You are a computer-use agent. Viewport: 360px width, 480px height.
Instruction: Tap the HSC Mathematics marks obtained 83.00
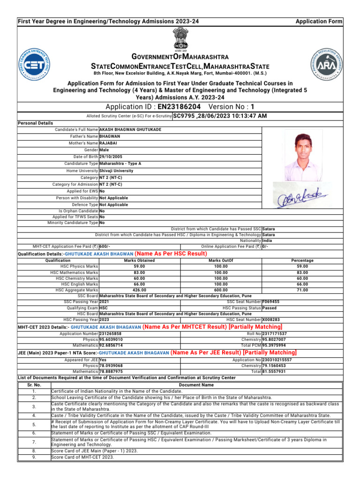coord(139,272)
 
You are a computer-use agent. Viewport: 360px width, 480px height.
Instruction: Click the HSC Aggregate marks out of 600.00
coord(221,290)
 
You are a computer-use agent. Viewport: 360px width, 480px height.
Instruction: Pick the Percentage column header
coord(302,261)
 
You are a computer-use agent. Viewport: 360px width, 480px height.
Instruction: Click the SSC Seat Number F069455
coord(271,302)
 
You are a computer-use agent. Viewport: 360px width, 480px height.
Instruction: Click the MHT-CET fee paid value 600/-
coord(105,246)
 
